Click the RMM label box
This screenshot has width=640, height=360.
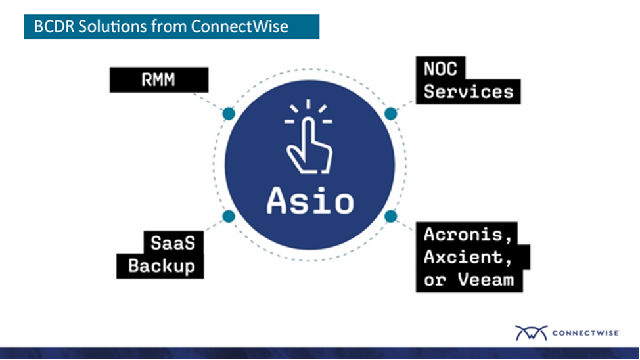click(x=159, y=79)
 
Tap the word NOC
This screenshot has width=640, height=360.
click(x=440, y=69)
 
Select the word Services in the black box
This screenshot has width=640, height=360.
click(x=468, y=91)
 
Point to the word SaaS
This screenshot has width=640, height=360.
click(x=173, y=243)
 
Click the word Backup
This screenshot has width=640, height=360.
click(x=161, y=266)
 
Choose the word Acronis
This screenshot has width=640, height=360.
click(x=468, y=235)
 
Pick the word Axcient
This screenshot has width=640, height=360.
click(x=468, y=258)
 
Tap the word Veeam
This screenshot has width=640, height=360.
click(x=486, y=280)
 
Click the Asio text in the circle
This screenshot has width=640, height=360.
click(x=309, y=200)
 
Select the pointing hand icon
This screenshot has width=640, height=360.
click(x=309, y=136)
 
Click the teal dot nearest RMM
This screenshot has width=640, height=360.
click(x=229, y=114)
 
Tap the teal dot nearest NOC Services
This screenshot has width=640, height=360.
click(x=390, y=114)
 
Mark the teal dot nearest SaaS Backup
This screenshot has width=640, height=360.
click(x=229, y=216)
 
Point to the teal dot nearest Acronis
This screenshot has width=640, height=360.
click(x=390, y=216)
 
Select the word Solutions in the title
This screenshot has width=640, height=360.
click(x=112, y=26)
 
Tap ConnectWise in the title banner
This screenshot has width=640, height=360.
click(x=239, y=26)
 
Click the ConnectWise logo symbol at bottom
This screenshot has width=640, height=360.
click(x=531, y=332)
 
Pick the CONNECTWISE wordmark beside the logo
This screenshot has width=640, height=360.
click(x=585, y=333)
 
